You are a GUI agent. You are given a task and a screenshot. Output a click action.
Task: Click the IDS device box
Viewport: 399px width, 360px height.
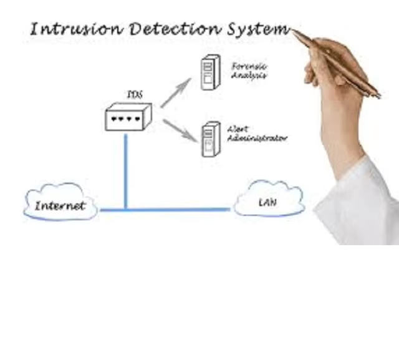click(128, 117)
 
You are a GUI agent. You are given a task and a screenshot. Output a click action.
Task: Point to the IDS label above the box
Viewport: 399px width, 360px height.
click(134, 95)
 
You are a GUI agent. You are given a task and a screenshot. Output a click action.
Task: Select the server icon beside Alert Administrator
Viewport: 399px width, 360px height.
click(211, 139)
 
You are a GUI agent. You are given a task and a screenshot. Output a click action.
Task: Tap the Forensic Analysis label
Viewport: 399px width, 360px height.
click(249, 70)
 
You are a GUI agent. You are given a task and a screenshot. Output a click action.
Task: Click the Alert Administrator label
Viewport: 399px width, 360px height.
click(257, 133)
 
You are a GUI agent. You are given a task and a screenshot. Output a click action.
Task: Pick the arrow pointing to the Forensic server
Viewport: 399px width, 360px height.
click(176, 92)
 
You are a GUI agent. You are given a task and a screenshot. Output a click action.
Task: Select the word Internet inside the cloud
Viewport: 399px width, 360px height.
click(60, 206)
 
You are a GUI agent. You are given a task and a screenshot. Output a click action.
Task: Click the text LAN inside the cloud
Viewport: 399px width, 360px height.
click(267, 202)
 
